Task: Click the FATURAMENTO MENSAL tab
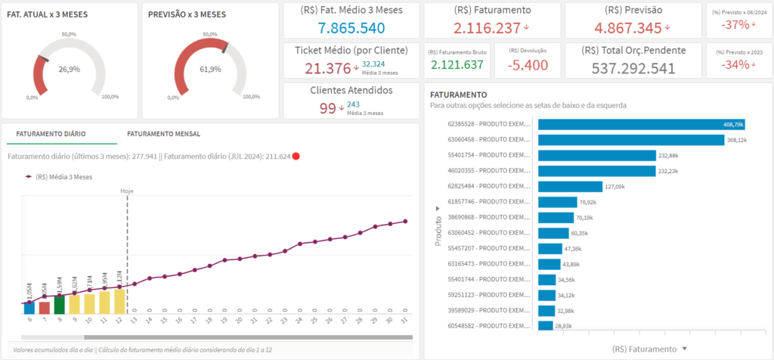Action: click(164, 134)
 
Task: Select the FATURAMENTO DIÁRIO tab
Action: click(51, 134)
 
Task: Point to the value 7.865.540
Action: click(351, 27)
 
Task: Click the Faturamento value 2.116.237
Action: click(488, 28)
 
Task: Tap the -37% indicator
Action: click(733, 25)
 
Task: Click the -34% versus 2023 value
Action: click(733, 64)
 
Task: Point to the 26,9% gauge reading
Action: click(69, 69)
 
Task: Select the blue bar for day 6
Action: click(29, 307)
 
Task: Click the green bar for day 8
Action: click(59, 304)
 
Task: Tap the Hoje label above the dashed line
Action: click(127, 191)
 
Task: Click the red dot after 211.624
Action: click(296, 157)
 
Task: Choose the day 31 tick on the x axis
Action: click(406, 320)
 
